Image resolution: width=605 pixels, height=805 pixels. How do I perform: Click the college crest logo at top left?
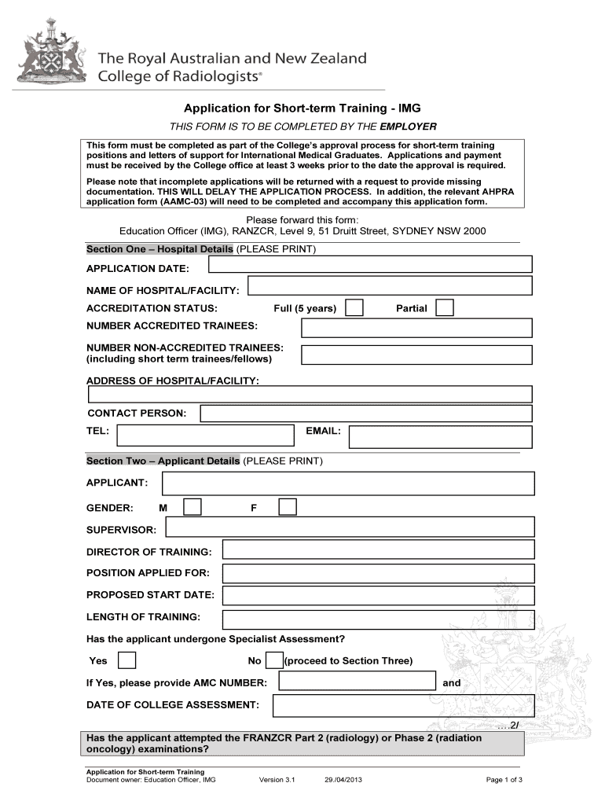point(53,60)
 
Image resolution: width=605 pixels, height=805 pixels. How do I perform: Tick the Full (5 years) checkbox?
point(355,307)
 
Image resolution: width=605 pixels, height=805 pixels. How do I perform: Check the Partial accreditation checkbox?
point(445,307)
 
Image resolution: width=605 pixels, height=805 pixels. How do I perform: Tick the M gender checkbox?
point(192,507)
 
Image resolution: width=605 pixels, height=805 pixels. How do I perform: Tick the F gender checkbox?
point(288,507)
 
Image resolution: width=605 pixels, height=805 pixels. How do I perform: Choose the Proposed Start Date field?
point(377,595)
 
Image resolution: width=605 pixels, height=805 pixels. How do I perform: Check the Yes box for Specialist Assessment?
point(126,660)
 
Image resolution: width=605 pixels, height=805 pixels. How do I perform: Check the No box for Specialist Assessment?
point(274,660)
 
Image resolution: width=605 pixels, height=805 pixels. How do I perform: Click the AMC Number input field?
point(354,682)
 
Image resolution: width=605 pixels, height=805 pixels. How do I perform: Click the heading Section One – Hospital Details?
point(159,249)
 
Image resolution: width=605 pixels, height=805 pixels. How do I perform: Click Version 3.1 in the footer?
point(276,780)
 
